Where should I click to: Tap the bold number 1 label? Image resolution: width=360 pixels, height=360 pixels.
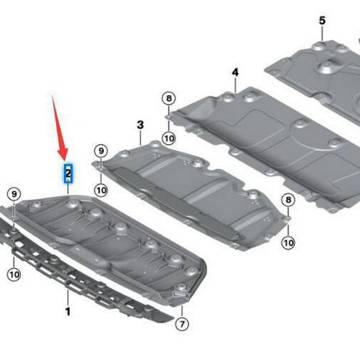67,312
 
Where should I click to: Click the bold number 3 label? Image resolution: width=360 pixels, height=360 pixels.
139,124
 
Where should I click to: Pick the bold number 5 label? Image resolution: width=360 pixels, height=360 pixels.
321,20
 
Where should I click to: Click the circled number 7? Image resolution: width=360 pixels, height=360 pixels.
183,323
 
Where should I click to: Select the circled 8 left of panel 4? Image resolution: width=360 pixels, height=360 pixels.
168,99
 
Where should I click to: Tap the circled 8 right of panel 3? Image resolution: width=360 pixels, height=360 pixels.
288,200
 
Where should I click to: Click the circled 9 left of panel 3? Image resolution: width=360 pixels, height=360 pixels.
100,151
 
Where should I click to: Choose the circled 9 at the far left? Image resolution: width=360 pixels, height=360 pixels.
13,193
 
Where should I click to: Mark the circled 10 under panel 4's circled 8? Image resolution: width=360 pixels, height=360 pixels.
168,138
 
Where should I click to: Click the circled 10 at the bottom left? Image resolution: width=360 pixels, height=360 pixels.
13,274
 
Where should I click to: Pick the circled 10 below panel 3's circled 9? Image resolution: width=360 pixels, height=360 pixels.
100,190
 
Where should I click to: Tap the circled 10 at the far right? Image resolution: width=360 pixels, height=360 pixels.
288,242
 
